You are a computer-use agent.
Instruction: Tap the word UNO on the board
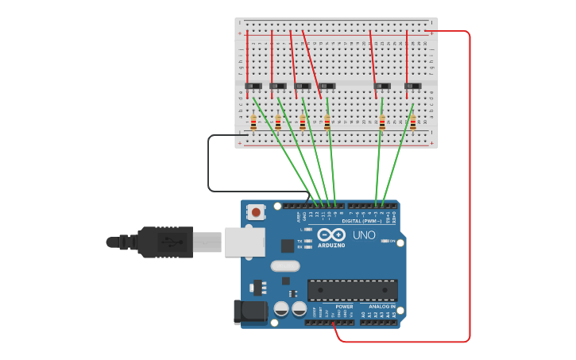(364, 235)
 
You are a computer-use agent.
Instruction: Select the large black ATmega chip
(352, 290)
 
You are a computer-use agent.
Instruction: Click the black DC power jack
(249, 312)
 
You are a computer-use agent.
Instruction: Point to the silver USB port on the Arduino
(242, 242)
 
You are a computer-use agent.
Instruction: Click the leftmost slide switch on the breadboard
(253, 86)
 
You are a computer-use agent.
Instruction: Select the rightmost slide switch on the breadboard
(412, 86)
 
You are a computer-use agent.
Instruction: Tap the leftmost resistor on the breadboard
(253, 122)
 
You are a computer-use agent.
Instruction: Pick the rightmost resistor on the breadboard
(413, 122)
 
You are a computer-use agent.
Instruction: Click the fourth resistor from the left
(327, 122)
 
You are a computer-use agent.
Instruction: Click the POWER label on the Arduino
(344, 306)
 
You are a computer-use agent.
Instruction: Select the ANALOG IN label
(381, 306)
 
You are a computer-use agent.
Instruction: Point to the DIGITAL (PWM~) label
(361, 221)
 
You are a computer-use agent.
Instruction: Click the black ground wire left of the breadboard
(209, 163)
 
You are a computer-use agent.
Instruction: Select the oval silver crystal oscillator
(285, 266)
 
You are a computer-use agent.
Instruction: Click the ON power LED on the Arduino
(385, 241)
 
